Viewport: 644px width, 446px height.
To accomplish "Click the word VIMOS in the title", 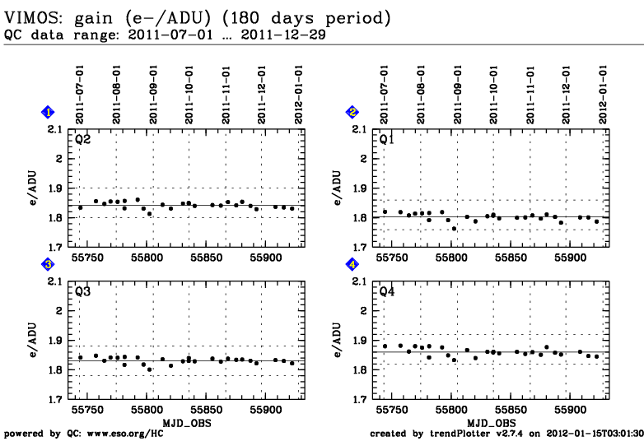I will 31,17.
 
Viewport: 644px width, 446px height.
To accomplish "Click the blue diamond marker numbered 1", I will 49,112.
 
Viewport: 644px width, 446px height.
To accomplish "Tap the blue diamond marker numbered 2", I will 352,112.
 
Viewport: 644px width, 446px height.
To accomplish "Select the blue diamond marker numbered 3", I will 49,264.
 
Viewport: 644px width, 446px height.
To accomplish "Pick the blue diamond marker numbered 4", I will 352,264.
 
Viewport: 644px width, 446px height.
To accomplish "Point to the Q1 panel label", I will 386,139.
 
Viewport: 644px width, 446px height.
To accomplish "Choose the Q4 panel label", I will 386,291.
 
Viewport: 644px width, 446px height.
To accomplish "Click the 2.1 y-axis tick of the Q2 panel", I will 55,129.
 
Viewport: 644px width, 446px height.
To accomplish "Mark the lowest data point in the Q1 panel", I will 454,228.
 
